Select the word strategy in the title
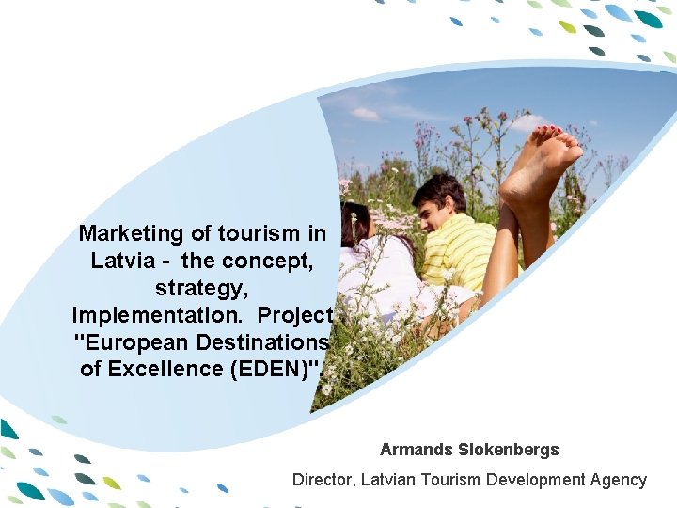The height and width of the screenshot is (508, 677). pyautogui.click(x=199, y=287)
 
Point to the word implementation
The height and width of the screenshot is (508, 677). pyautogui.click(x=159, y=314)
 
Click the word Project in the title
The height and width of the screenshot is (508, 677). pyautogui.click(x=295, y=314)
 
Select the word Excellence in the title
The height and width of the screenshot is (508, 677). pyautogui.click(x=175, y=369)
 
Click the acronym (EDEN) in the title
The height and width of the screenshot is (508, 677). pyautogui.click(x=275, y=369)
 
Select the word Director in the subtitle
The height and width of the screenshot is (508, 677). pyautogui.click(x=323, y=480)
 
